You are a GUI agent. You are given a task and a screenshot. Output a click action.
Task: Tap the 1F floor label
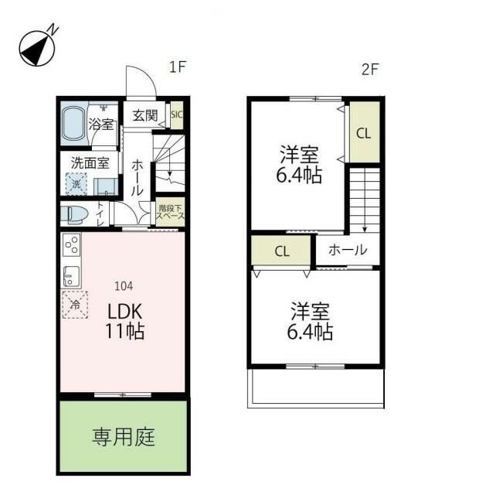click(178, 68)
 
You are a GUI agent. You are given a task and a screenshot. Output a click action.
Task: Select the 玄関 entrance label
click(144, 116)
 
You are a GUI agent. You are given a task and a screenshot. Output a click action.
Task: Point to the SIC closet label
click(176, 116)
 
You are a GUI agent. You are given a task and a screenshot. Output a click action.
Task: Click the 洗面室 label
click(90, 163)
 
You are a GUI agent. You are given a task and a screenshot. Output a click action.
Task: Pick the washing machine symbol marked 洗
click(76, 185)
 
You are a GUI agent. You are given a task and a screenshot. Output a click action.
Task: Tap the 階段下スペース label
click(171, 212)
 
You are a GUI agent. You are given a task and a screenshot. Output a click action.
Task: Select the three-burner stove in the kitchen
click(71, 245)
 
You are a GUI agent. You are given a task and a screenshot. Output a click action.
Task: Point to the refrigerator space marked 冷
click(75, 305)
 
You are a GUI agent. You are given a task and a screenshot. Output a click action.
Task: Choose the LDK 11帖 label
click(125, 321)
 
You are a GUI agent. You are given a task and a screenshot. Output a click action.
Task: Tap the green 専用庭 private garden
click(124, 438)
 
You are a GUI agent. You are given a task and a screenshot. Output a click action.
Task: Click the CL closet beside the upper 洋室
click(363, 132)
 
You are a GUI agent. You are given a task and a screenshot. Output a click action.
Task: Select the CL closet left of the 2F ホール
click(281, 251)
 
